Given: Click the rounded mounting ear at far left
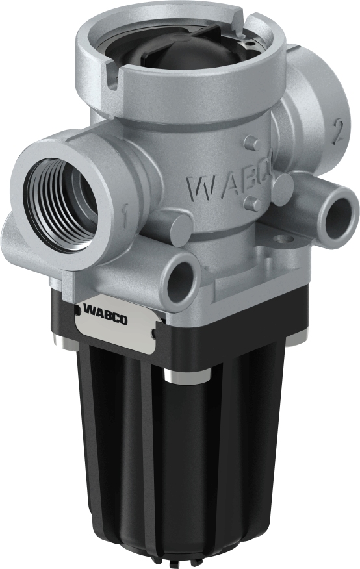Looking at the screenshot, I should pyautogui.click(x=13, y=234).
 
